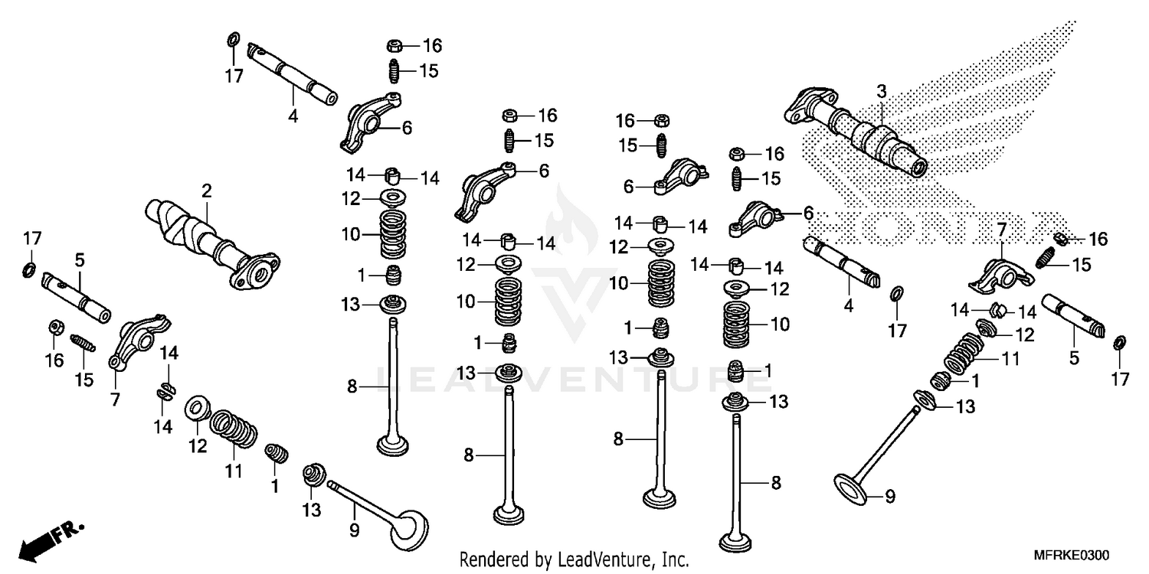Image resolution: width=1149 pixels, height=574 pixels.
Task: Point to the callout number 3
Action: pyautogui.click(x=881, y=92)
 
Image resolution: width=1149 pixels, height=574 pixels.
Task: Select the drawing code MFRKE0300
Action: pyautogui.click(x=1071, y=555)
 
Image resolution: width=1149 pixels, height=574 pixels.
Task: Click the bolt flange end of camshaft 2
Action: pyautogui.click(x=257, y=272)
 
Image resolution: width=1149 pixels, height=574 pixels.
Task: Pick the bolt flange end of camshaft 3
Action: pyautogui.click(x=804, y=107)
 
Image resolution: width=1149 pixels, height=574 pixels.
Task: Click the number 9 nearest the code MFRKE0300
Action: pyautogui.click(x=889, y=497)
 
